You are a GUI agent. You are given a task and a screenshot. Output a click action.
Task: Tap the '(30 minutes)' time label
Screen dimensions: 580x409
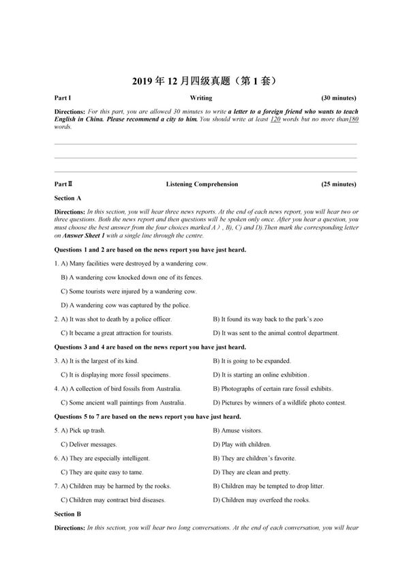[338, 98]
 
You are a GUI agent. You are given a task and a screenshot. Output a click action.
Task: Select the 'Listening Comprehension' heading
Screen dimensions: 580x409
[202, 184]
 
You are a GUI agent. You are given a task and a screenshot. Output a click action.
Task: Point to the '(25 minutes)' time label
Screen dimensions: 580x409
[338, 184]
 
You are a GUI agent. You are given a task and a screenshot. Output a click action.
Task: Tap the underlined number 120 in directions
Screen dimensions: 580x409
[275, 119]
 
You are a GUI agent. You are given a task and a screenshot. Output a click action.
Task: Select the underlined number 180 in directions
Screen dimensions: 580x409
[353, 119]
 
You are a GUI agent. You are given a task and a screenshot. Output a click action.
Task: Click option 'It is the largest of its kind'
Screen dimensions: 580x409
[102, 361]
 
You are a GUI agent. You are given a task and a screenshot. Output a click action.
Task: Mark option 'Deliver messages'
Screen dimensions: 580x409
[92, 444]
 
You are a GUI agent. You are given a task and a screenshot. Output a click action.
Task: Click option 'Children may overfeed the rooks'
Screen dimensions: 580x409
[264, 499]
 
